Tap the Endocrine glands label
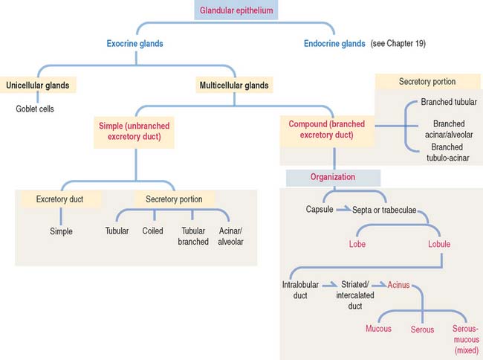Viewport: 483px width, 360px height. point(334,44)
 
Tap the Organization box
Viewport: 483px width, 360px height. point(333,178)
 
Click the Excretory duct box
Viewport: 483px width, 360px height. point(62,199)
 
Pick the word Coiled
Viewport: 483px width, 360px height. point(152,231)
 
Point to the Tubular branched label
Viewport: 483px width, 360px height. point(192,237)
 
